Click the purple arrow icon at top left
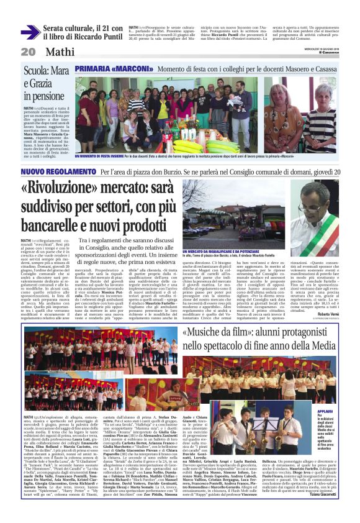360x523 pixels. pyautogui.click(x=30, y=32)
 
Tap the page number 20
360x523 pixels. pyautogui.click(x=28, y=52)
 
